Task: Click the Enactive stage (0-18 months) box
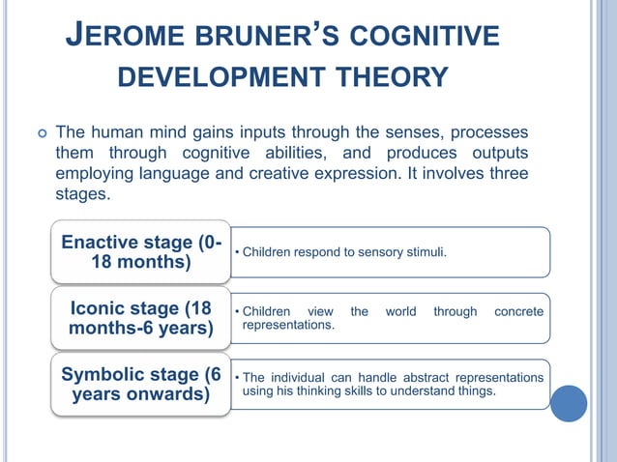click(x=141, y=252)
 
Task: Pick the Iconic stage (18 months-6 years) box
click(x=141, y=319)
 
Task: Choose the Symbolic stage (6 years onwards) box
click(x=141, y=385)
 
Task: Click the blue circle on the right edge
click(x=569, y=404)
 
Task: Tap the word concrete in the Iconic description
click(x=518, y=312)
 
